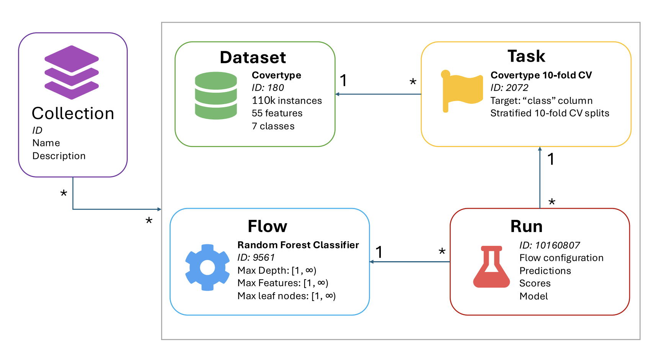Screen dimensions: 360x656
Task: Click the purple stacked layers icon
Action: [72, 72]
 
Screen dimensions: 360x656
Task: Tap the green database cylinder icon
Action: [216, 96]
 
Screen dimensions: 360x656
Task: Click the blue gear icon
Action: [207, 267]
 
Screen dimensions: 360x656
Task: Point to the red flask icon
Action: [491, 267]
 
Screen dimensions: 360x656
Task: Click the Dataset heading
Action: [253, 57]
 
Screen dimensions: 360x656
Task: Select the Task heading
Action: [526, 56]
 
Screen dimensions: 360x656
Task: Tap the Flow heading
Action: [267, 226]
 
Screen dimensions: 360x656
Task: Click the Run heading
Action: [526, 226]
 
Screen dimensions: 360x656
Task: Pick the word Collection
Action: [73, 113]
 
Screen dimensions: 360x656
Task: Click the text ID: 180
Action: [268, 88]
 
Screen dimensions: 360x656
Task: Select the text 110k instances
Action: [287, 101]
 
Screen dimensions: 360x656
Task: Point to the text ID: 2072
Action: [509, 88]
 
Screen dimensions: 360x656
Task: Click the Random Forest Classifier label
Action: [298, 245]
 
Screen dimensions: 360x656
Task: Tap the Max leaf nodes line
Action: [286, 296]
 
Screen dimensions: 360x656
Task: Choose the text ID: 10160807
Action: [549, 245]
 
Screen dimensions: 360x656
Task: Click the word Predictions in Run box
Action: [545, 271]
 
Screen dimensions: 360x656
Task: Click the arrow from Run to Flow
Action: [410, 262]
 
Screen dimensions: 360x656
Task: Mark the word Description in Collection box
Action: [59, 156]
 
